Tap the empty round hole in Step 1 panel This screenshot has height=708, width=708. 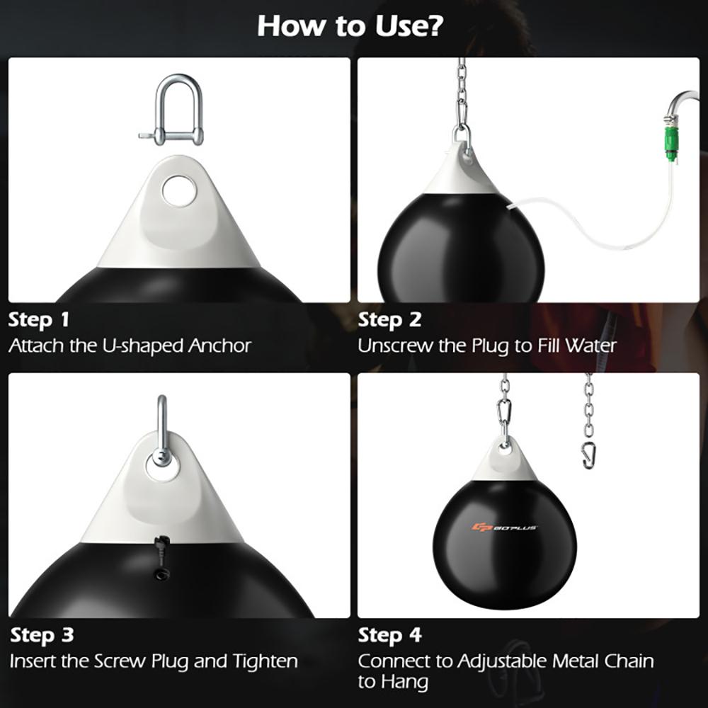[x=178, y=191]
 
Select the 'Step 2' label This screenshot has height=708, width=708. [x=389, y=319]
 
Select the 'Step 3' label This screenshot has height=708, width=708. [x=41, y=634]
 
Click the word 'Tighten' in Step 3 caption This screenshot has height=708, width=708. [x=265, y=661]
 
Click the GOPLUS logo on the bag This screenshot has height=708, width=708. [x=503, y=527]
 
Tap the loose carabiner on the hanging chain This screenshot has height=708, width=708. [x=588, y=453]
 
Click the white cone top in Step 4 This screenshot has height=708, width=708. [x=504, y=464]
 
